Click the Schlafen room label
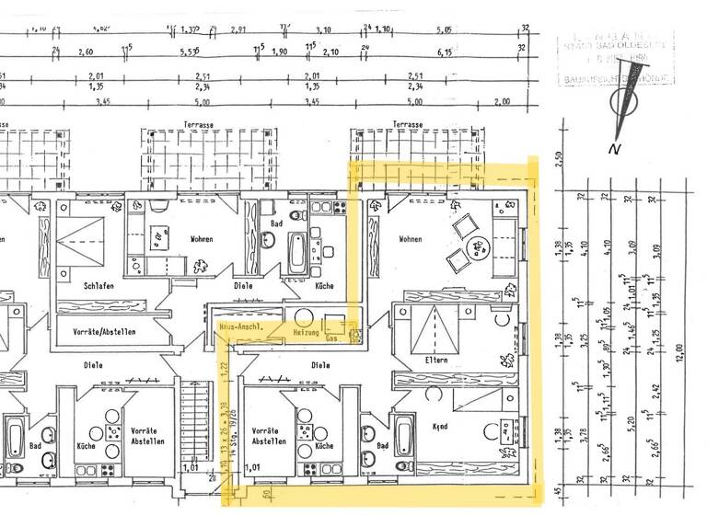tap(98, 286)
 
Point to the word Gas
tap(332, 339)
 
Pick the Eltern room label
tap(435, 360)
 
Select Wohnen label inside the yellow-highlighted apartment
tap(410, 239)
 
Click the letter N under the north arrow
tap(613, 148)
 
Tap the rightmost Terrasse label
tap(406, 124)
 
